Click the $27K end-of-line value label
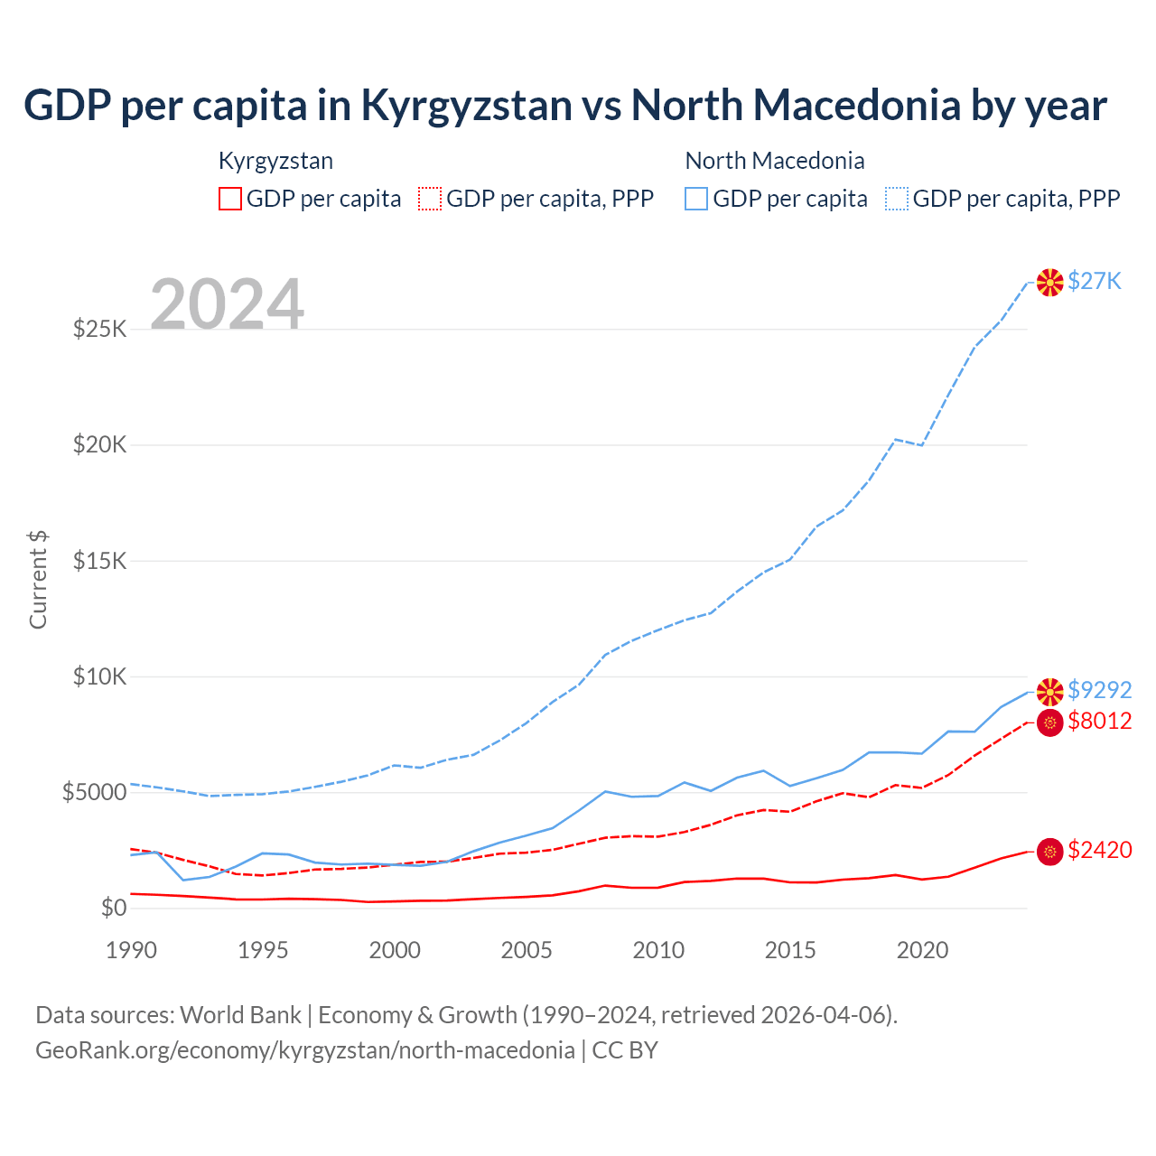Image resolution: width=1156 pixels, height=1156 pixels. tap(1094, 281)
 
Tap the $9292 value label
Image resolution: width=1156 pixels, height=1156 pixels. tap(1099, 690)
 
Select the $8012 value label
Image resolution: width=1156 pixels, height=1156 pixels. tap(1099, 721)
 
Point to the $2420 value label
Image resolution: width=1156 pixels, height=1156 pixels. tap(1099, 850)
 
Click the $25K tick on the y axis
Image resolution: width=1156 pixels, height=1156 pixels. tap(100, 329)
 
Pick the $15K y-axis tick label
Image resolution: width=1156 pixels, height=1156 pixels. tap(100, 561)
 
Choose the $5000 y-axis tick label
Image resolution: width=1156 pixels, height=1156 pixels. tap(94, 793)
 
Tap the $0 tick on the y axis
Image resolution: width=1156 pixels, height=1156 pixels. tap(113, 908)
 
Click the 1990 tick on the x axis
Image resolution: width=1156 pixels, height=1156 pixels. tap(131, 950)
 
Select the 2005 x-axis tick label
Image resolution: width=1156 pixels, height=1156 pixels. tap(527, 950)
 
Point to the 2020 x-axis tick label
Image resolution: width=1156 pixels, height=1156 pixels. tap(922, 950)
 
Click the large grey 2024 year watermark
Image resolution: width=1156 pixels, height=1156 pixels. tap(227, 304)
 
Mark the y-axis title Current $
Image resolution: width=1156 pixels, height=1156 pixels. tap(38, 579)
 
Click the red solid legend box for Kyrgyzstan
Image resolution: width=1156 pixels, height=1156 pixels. tap(230, 199)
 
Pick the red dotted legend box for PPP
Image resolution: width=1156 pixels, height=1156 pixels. tap(430, 199)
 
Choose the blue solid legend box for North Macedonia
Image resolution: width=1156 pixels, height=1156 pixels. tap(696, 199)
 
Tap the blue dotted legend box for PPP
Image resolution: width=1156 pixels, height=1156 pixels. tap(897, 199)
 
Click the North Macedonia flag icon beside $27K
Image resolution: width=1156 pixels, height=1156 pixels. tap(1049, 283)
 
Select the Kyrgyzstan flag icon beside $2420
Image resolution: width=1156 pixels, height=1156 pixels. tap(1049, 852)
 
